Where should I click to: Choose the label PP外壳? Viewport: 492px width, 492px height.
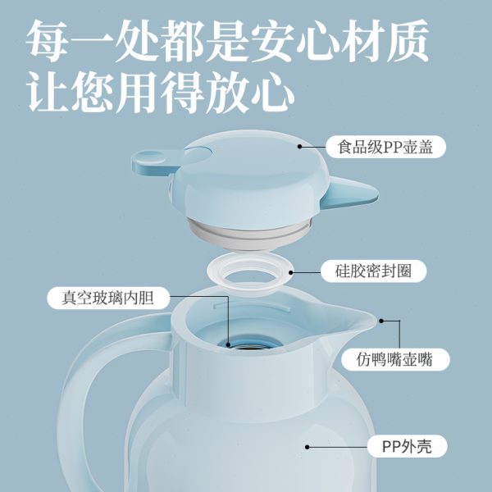414,447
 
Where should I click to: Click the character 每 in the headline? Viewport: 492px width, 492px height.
52,41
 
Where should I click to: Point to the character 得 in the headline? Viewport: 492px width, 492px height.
210,93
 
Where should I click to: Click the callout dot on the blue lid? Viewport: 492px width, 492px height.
300,148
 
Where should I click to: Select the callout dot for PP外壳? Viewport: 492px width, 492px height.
307,447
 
